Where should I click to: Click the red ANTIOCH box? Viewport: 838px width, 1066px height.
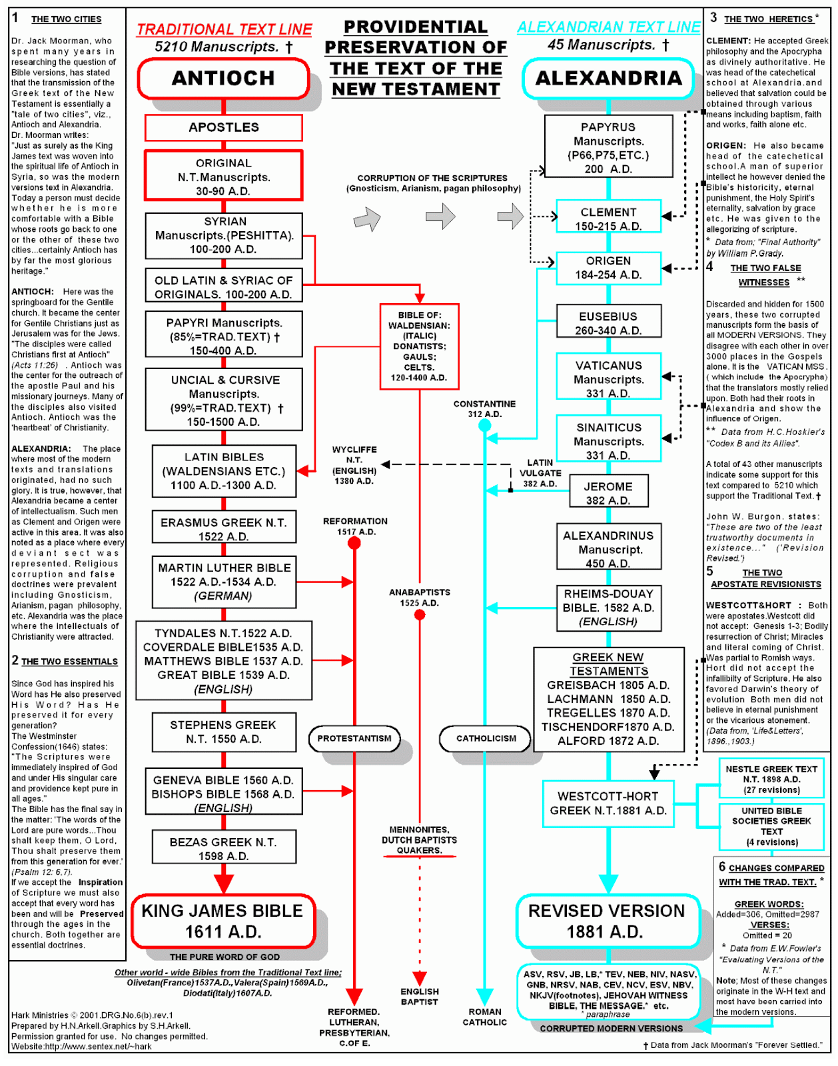click(x=223, y=79)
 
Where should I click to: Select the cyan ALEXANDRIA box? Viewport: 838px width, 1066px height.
click(x=608, y=79)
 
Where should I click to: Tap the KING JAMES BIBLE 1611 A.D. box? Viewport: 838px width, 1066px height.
click(x=222, y=921)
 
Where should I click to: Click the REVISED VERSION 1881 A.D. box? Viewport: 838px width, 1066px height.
click(x=606, y=921)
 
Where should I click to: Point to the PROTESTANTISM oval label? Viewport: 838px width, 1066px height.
click(x=354, y=738)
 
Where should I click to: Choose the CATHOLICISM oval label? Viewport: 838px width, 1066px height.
click(x=486, y=738)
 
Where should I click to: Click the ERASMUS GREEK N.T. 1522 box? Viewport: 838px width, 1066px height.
click(x=223, y=530)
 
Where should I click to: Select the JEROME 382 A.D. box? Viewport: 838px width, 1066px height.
click(x=608, y=493)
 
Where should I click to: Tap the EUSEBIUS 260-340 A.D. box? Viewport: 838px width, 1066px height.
click(x=608, y=323)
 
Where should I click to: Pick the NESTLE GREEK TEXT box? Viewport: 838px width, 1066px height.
click(x=771, y=779)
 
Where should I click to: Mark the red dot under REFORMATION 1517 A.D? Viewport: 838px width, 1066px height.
click(x=354, y=544)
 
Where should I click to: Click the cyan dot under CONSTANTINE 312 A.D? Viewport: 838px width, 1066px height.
click(x=485, y=426)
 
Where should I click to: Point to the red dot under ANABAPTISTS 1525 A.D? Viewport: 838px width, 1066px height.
click(x=420, y=614)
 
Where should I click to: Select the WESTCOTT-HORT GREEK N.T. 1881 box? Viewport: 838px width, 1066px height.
click(x=608, y=803)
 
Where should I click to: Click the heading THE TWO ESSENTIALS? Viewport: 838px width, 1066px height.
click(x=69, y=662)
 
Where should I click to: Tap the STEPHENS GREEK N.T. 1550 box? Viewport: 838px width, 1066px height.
click(x=223, y=732)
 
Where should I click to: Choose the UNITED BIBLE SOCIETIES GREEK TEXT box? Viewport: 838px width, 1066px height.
click(x=771, y=826)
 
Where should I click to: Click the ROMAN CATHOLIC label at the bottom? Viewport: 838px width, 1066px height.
click(x=485, y=1017)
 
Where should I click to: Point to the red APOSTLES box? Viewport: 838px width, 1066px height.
click(x=223, y=127)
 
